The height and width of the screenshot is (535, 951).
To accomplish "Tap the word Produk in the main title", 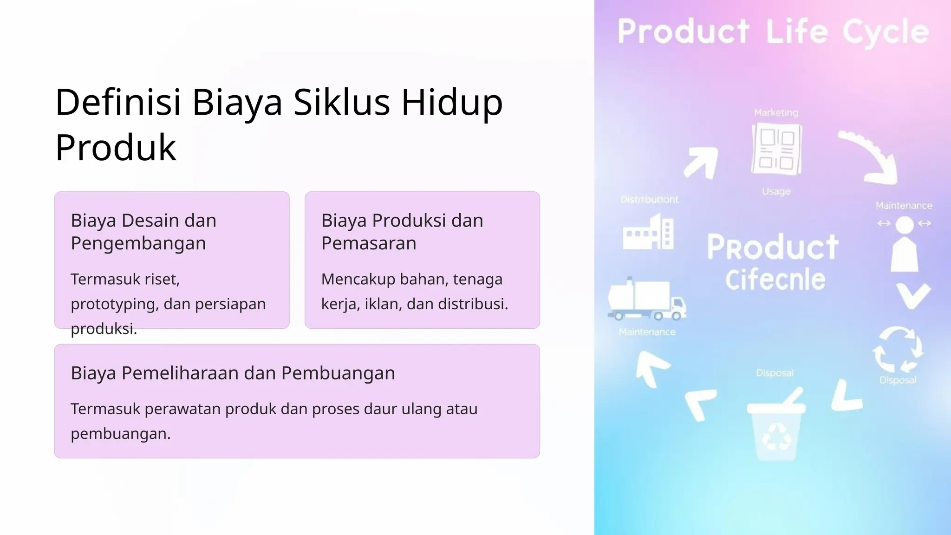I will pos(116,148).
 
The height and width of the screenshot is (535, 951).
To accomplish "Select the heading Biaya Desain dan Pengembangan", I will pos(143,232).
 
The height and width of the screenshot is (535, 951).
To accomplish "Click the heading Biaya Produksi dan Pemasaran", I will pos(402,232).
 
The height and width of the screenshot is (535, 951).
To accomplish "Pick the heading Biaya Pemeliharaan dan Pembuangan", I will pos(233,373).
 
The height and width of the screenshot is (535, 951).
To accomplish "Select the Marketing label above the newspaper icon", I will pos(776,113).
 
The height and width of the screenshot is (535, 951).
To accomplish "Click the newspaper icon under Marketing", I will pos(776,149).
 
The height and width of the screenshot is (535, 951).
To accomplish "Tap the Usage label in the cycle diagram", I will pos(776,191).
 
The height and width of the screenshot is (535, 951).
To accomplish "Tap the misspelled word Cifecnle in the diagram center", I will pos(775,280).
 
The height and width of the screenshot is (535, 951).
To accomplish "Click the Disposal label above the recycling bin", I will pos(775,373).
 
